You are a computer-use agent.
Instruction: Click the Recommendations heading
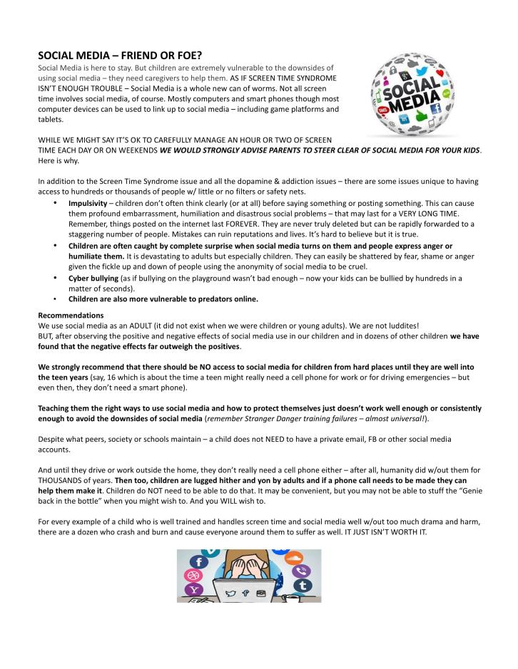(71, 314)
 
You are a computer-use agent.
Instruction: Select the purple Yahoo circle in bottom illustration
(193, 589)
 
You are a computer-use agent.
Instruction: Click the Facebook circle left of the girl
(199, 561)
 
